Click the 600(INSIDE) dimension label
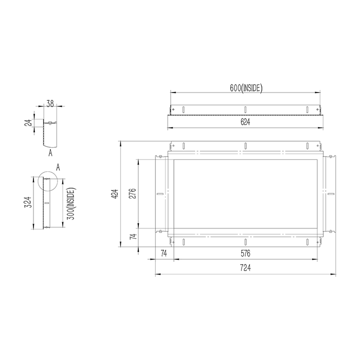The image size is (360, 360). [x=246, y=88]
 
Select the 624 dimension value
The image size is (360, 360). [x=246, y=122]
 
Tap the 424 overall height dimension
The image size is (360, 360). [x=116, y=194]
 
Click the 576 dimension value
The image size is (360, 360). [x=246, y=254]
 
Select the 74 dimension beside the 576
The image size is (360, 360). [x=164, y=254]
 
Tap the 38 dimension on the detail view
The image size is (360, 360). [x=50, y=103]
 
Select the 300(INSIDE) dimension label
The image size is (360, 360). [x=72, y=203]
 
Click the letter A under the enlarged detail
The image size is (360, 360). [x=50, y=153]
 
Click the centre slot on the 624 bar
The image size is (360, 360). [x=246, y=109]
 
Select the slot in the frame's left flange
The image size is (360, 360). [x=160, y=194]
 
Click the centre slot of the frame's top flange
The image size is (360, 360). [x=246, y=145]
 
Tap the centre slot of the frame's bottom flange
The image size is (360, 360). [x=246, y=242]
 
